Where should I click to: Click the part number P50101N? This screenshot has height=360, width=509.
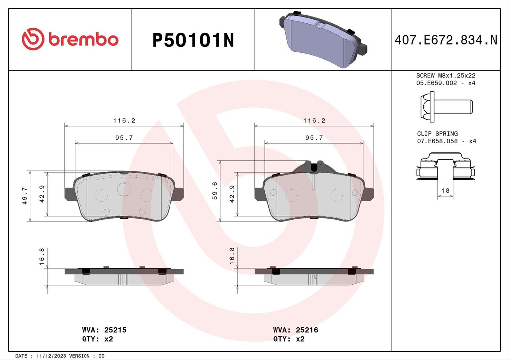pos(192,40)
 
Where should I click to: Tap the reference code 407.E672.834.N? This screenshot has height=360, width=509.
pos(445,40)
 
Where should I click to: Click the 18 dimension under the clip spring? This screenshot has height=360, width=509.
pos(445,191)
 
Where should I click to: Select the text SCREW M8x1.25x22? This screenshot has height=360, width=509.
pos(445,75)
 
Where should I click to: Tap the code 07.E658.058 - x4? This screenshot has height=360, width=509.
pos(445,141)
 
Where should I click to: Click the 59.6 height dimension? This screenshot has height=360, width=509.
pos(215,190)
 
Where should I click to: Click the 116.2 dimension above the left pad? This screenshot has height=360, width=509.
pos(124,121)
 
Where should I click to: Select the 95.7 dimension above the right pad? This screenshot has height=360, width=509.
pos(314,138)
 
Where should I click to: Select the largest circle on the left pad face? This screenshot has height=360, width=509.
pos(123,189)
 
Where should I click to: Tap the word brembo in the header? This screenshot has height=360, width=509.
pos(83,40)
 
